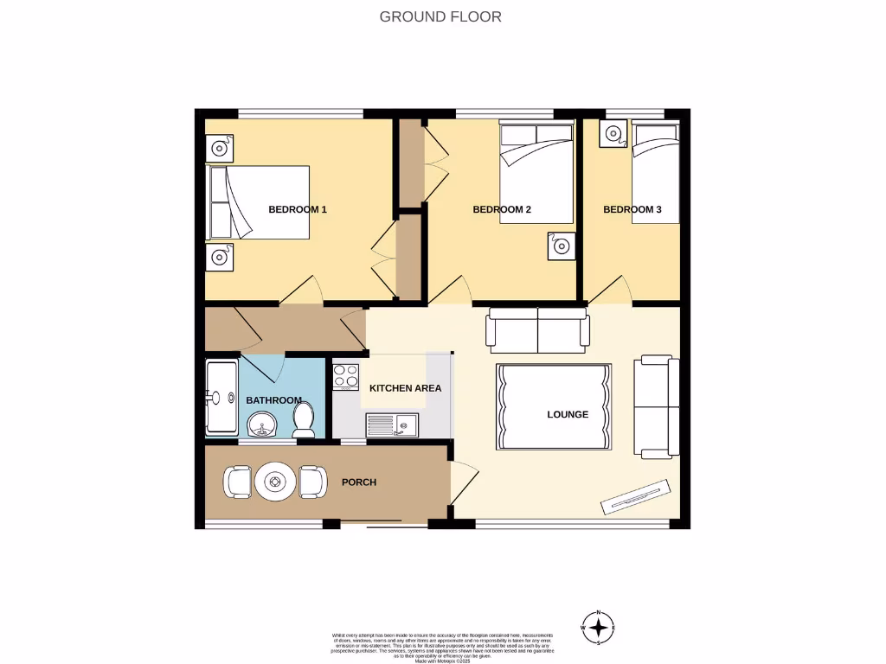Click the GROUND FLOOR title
[440, 16]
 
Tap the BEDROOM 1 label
[297, 209]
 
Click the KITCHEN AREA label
[405, 388]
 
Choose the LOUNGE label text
[568, 414]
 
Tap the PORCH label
[359, 482]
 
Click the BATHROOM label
[273, 400]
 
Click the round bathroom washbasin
[261, 425]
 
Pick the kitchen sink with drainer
[392, 424]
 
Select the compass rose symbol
[599, 628]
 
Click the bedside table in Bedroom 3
[615, 134]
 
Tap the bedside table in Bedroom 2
[560, 246]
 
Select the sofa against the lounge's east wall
[657, 406]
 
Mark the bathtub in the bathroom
[221, 399]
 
